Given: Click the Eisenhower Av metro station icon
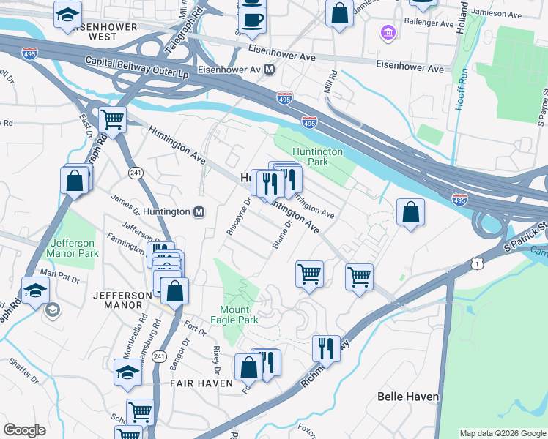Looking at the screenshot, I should [x=270, y=70].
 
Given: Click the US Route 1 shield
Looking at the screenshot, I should [x=478, y=261].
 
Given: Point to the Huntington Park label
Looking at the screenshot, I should [x=317, y=157].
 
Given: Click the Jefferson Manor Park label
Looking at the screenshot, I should [x=73, y=248].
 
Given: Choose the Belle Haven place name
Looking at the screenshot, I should [x=407, y=397].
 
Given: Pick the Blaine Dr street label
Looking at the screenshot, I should [x=284, y=235].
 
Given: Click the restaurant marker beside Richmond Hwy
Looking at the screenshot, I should [x=326, y=348].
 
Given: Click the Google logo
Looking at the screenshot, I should [x=24, y=430].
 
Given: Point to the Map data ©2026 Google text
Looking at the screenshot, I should [x=502, y=433].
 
